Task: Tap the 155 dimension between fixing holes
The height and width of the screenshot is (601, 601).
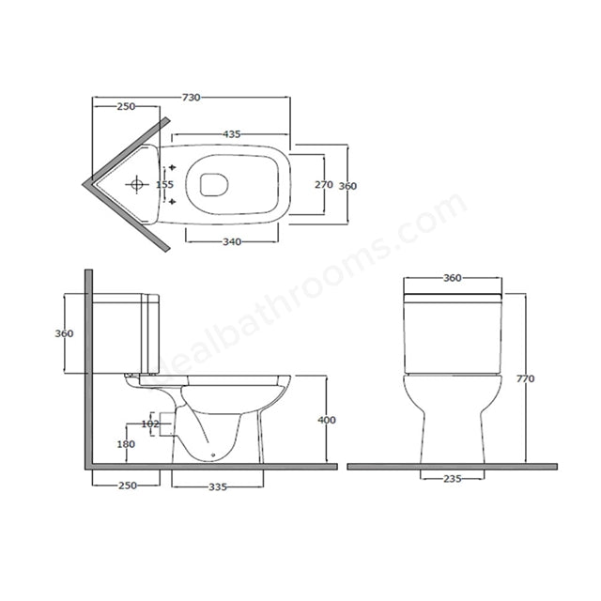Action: pyautogui.click(x=164, y=184)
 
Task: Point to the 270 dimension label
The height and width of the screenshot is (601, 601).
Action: pyautogui.click(x=322, y=184)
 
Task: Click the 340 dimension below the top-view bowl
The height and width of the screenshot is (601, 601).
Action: pyautogui.click(x=233, y=241)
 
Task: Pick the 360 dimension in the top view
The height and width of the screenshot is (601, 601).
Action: pyautogui.click(x=347, y=185)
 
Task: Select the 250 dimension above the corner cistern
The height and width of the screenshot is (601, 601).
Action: pyautogui.click(x=125, y=106)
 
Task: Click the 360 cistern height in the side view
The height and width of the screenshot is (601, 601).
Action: pyautogui.click(x=65, y=334)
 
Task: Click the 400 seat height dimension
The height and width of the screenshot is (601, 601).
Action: pyautogui.click(x=326, y=420)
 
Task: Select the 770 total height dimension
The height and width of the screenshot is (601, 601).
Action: pyautogui.click(x=525, y=378)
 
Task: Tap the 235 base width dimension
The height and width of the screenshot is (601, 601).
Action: pyautogui.click(x=453, y=478)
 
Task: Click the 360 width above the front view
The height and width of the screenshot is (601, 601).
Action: pyautogui.click(x=453, y=279)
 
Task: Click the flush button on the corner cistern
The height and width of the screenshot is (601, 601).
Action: pyautogui.click(x=137, y=184)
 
